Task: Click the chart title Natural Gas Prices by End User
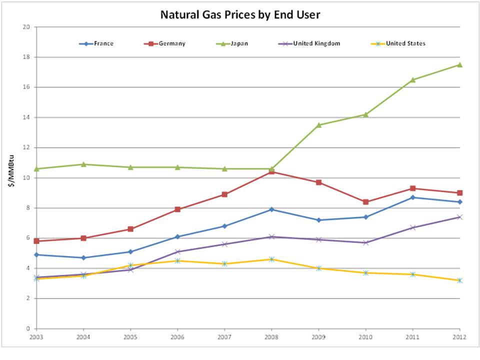coord(240,15)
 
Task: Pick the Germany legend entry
coord(165,43)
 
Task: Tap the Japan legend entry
coord(235,43)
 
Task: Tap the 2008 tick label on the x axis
coord(271,336)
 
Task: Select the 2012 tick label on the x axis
coord(459,336)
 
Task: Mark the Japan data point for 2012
coord(460,64)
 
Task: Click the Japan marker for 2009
coord(318,125)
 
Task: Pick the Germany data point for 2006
coord(177,209)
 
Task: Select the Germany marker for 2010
coord(366,202)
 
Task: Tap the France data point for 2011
coord(413,197)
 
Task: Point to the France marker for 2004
coord(83,257)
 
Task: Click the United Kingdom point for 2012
coord(460,217)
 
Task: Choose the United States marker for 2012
coord(460,280)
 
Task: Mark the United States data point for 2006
coord(177,260)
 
